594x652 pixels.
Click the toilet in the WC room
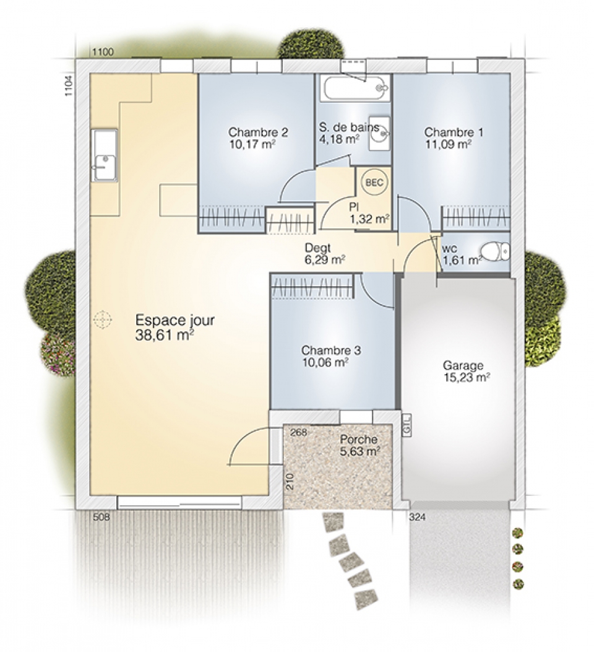(x=495, y=251)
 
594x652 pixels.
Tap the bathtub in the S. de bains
(x=356, y=88)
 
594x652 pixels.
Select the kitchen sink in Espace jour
(x=105, y=155)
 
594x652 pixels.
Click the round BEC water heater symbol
(x=374, y=183)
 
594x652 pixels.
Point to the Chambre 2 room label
(x=258, y=133)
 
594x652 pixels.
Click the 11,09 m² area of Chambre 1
(x=448, y=144)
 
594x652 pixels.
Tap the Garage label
(x=463, y=365)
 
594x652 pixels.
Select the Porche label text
(x=359, y=439)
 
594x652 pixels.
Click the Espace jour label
(x=175, y=321)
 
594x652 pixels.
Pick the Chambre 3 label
(x=331, y=350)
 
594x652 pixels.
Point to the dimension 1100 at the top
(x=103, y=52)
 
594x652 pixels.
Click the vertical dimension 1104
(x=69, y=85)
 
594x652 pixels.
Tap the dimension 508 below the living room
(x=101, y=517)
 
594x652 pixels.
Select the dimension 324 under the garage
(x=418, y=518)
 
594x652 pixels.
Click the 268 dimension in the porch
(x=298, y=432)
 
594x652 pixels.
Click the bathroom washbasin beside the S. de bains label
(x=379, y=134)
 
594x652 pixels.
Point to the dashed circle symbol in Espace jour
(x=102, y=319)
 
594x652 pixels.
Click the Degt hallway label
(x=318, y=248)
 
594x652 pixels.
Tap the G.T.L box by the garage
(x=407, y=425)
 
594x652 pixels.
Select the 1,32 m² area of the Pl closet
(x=369, y=219)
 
